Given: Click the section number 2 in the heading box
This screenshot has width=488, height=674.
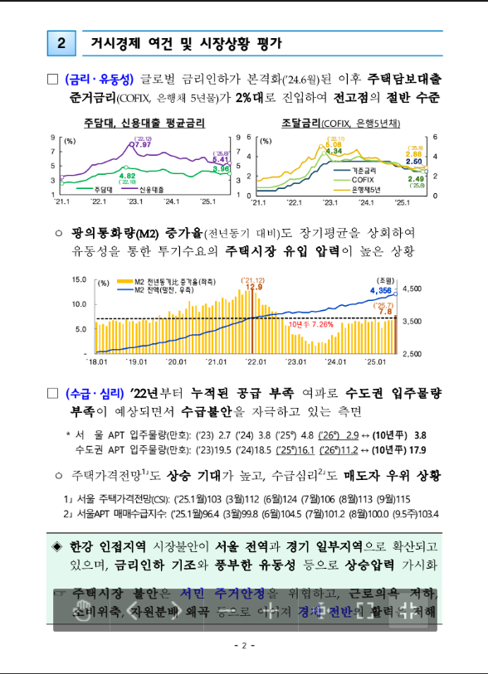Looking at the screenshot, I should (61, 44).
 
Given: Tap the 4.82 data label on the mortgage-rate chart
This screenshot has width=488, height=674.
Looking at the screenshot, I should (128, 176).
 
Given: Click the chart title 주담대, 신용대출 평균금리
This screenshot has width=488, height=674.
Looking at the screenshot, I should (143, 124).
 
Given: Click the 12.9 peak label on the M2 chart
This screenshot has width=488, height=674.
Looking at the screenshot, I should (253, 287).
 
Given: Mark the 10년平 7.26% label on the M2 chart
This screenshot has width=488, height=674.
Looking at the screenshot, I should (311, 325).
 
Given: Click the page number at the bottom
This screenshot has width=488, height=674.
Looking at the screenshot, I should (243, 645).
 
